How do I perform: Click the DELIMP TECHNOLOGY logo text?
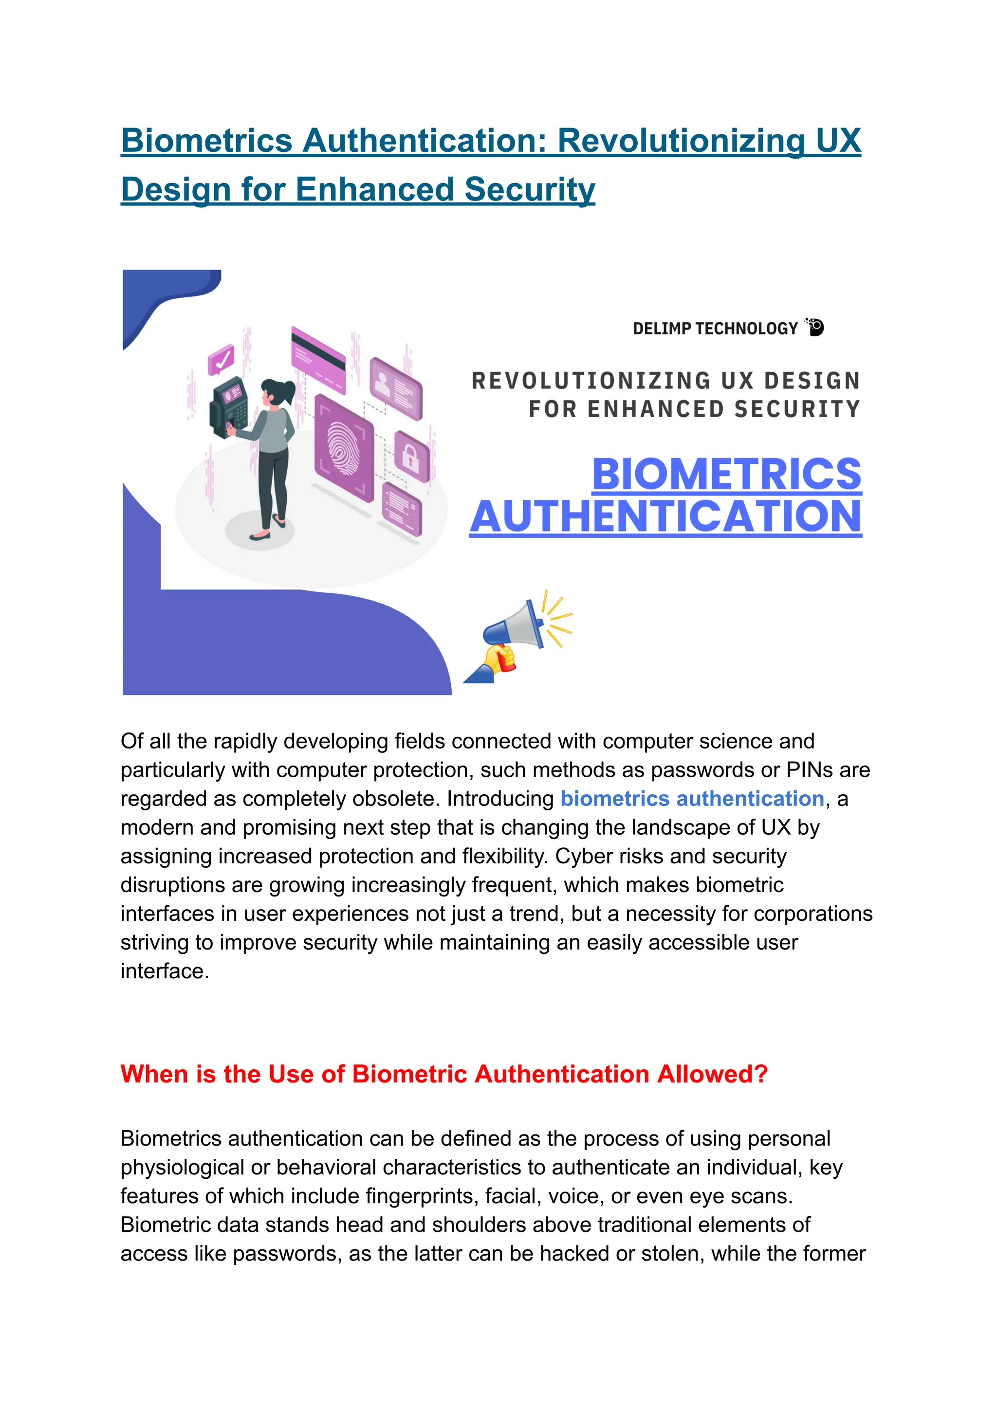(x=715, y=329)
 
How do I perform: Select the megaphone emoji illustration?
(x=519, y=639)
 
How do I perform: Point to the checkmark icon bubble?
(x=221, y=359)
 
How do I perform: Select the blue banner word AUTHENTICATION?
(x=665, y=517)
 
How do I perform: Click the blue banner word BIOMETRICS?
(x=726, y=475)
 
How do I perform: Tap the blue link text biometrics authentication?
(x=692, y=799)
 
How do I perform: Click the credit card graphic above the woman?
(x=318, y=360)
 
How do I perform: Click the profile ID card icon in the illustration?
(x=396, y=388)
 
